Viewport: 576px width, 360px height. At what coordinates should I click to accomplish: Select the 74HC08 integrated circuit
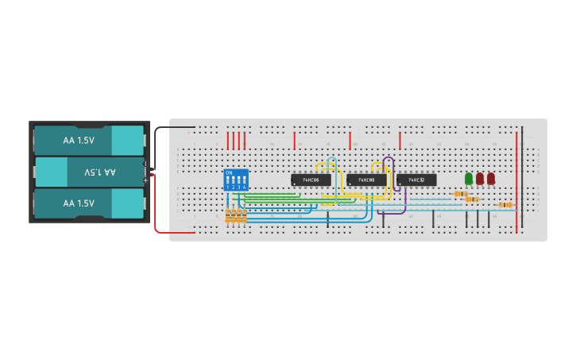366,180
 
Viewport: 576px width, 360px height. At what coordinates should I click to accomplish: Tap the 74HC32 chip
416,180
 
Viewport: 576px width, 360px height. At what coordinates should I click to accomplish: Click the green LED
469,179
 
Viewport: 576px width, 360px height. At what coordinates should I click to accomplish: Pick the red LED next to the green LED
480,179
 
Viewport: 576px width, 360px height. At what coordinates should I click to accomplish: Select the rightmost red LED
491,179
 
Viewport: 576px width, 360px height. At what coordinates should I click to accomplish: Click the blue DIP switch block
236,180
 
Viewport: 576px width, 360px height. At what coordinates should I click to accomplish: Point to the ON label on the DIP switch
229,172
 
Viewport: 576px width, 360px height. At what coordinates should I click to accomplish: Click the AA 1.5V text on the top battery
79,141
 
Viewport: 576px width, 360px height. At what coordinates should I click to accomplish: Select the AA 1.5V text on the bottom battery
79,203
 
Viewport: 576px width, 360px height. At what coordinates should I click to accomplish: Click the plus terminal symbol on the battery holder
145,180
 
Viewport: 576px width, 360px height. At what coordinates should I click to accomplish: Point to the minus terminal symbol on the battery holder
145,165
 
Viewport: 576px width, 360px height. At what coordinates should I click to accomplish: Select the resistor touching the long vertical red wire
505,205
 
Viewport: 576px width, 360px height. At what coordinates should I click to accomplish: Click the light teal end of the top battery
127,141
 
